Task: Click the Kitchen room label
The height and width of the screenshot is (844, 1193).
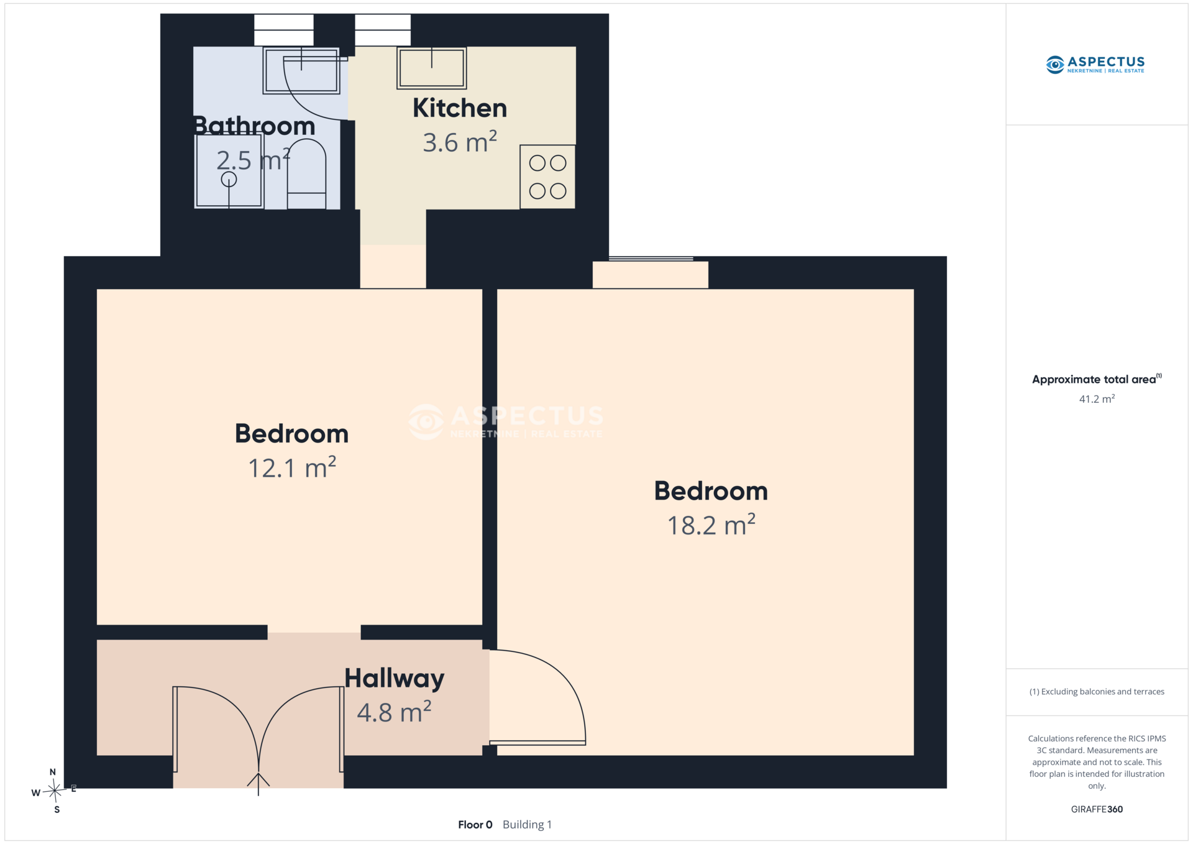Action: pos(460,108)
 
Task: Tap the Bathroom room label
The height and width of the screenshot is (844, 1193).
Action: pos(254,126)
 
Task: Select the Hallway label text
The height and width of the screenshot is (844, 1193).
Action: pos(395,679)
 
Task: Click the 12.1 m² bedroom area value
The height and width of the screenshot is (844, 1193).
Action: pos(292,468)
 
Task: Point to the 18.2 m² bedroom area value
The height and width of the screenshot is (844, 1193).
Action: pos(711,525)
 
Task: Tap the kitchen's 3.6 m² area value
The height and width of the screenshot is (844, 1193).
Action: pos(460,142)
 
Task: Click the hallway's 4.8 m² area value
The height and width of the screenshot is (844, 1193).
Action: pos(395,712)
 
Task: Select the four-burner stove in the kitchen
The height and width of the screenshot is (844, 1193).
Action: pos(547,177)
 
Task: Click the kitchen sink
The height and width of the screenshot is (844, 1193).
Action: pos(432,68)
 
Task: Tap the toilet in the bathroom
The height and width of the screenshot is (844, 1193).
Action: pos(307,174)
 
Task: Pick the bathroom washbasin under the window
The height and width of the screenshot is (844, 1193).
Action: pos(301,70)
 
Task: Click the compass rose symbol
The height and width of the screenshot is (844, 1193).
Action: pos(55,791)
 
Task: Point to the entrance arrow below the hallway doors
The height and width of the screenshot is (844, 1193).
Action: pos(258,784)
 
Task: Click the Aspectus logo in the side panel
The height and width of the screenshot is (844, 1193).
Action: pos(1095,65)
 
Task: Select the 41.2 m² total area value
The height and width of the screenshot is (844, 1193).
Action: pos(1097,399)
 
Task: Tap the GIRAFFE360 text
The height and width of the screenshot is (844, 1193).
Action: pos(1097,809)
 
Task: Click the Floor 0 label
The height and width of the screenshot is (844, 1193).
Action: pos(475,825)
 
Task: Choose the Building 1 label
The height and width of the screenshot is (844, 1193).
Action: pos(527,825)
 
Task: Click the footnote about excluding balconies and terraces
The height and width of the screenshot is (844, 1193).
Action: pos(1097,692)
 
